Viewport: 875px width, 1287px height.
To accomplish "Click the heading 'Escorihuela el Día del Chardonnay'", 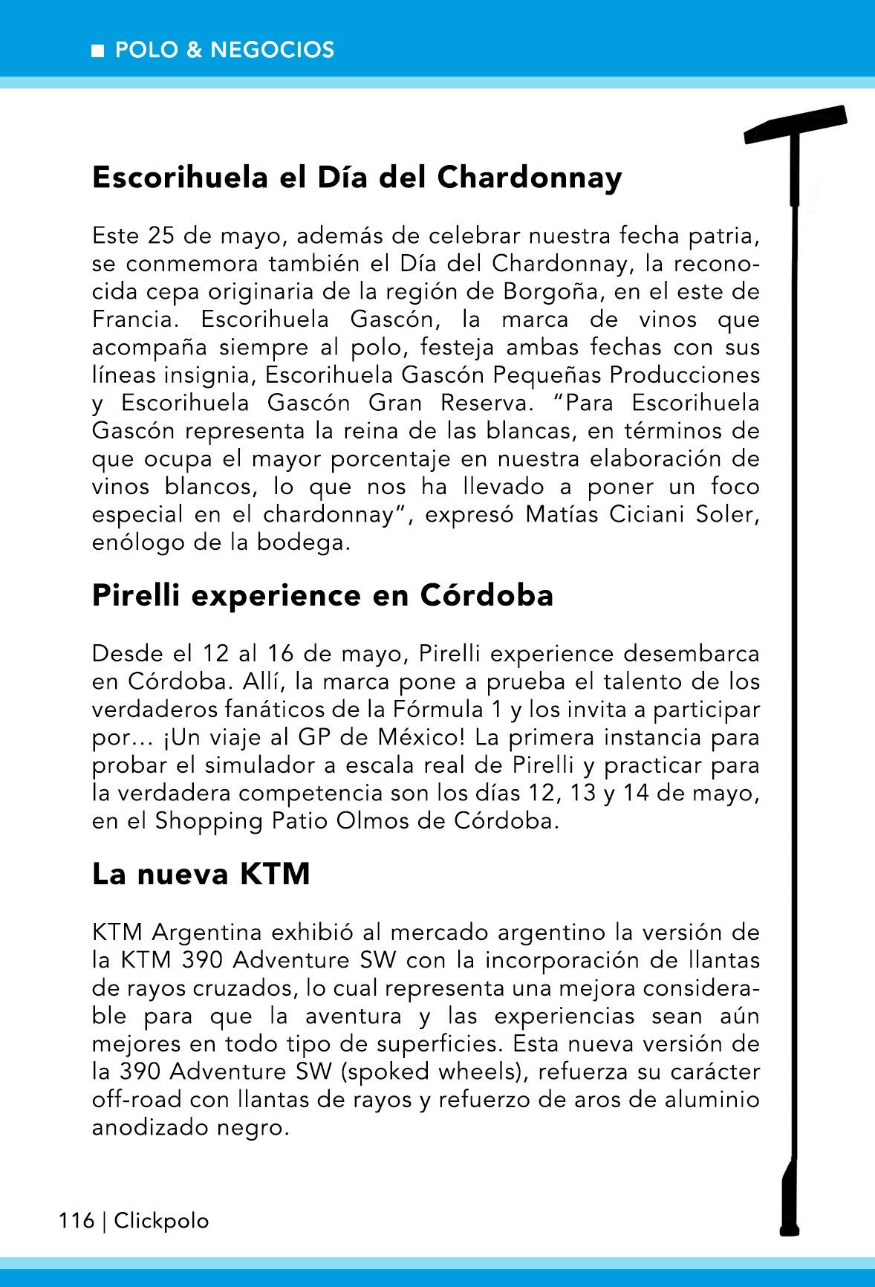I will pyautogui.click(x=357, y=178).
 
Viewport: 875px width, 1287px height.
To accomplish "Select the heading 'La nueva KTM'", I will pyautogui.click(x=201, y=875).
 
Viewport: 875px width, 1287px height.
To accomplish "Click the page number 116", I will pyautogui.click(x=77, y=1221).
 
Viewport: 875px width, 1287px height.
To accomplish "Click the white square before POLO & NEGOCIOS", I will pyautogui.click(x=97, y=51).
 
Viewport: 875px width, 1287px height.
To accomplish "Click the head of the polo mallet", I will pyautogui.click(x=796, y=125).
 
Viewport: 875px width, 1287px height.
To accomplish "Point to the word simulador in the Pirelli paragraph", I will pyautogui.click(x=308, y=766).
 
